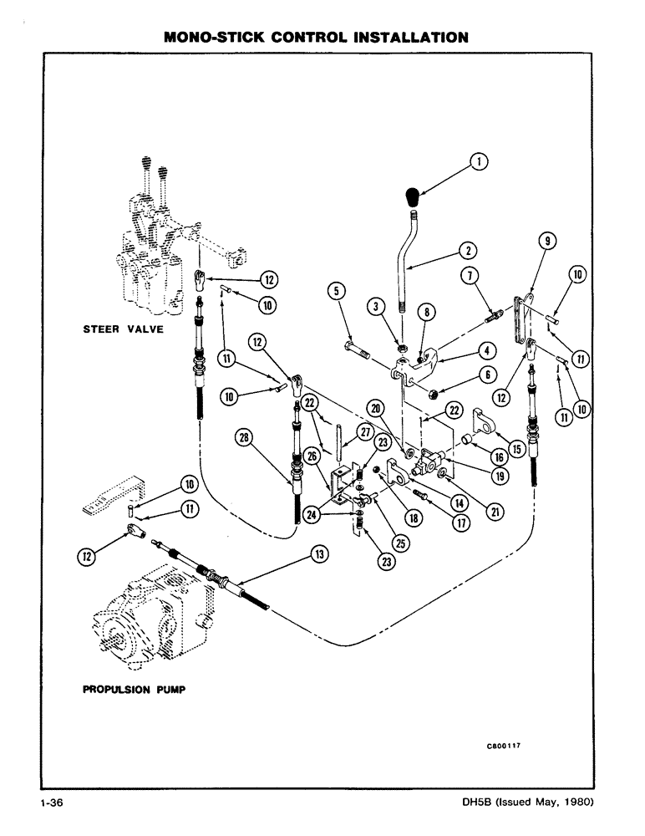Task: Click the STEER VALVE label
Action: coord(123,329)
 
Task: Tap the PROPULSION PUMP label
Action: coord(134,691)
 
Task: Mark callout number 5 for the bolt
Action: coord(337,292)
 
